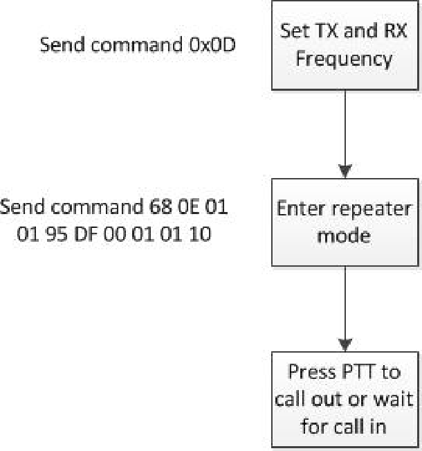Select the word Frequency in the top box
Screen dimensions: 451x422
[x=345, y=58]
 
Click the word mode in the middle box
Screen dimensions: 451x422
[x=344, y=236]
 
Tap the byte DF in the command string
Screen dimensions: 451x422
[x=80, y=235]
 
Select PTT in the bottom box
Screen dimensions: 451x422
[x=356, y=372]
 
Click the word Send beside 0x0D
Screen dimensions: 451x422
[x=60, y=46]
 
